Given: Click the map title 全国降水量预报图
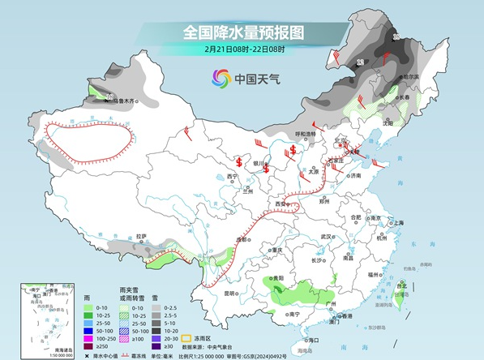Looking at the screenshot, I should click(x=243, y=32).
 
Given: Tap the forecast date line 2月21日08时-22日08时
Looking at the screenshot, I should click(x=243, y=49).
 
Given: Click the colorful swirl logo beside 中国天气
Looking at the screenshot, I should click(x=221, y=79).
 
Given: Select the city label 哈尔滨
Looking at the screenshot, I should click(x=413, y=77).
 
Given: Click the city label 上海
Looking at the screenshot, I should click(x=398, y=222).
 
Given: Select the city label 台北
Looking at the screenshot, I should click(x=400, y=285).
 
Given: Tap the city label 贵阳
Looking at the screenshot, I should click(x=279, y=276).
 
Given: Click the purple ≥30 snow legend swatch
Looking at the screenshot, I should click(x=158, y=346).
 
